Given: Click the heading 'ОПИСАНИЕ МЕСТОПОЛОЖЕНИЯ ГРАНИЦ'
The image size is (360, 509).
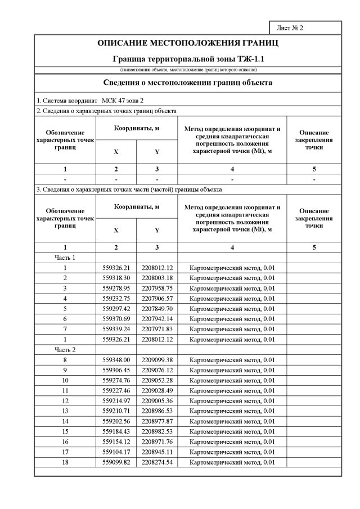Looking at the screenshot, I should tap(188, 43).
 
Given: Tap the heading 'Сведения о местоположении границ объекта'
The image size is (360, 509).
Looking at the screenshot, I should tap(188, 83).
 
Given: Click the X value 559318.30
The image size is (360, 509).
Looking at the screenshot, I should tap(116, 278).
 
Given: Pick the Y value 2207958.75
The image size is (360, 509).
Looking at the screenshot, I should tap(157, 288).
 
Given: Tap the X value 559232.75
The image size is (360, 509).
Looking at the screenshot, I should tap(116, 298).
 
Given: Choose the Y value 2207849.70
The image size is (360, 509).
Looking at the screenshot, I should tap(157, 308).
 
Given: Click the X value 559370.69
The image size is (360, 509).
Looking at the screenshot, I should tap(116, 318).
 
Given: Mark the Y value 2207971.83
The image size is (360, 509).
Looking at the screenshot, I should tap(157, 329).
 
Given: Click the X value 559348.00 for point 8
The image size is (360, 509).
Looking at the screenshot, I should tap(116, 359).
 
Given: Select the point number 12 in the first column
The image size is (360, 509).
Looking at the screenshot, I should tap(65, 400).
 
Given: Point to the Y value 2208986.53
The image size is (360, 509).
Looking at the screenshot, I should tap(157, 411).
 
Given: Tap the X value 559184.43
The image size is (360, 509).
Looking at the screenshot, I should tap(116, 431).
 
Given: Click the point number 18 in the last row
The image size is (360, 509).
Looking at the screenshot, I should tap(65, 462).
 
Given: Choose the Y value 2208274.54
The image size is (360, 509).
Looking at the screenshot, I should tap(157, 462).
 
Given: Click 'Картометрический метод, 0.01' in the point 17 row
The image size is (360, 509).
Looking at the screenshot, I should tap(232, 452).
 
